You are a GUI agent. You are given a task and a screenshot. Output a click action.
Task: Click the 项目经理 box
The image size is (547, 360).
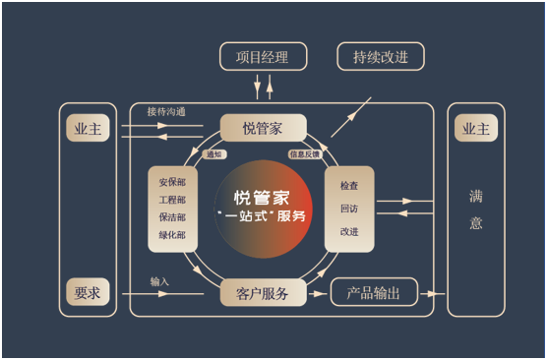coord(263,56)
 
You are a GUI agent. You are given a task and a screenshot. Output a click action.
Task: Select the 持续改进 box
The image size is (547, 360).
coord(381,56)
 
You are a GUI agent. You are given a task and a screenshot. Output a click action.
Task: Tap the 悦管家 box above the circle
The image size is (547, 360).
coord(263,128)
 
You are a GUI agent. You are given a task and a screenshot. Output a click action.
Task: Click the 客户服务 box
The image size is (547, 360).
coord(263,293)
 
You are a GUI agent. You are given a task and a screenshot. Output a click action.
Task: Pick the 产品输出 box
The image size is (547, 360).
coord(374,292)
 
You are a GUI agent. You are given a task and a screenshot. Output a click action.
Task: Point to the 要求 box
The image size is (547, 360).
coord(88,292)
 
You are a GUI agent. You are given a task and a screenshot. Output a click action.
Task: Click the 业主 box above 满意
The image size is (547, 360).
coord(476,128)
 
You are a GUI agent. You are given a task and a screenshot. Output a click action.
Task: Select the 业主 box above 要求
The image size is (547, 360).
coord(88,128)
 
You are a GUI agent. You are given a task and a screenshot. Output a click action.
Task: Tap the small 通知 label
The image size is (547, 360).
coord(214,154)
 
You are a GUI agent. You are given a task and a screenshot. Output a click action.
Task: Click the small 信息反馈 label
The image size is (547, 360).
coord(305,154)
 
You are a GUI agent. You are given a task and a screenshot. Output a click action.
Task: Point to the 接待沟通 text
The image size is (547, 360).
coord(166,111)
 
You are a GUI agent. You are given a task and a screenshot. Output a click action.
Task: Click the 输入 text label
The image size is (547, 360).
coord(159,281)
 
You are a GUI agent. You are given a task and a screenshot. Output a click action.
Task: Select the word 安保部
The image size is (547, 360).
coord(172,182)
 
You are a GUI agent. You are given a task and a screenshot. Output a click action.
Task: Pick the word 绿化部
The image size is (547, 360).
coord(172,235)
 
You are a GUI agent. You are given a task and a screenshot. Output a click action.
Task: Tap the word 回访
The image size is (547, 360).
coord(349,209)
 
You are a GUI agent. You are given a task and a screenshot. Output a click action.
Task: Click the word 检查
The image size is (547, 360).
coord(349,185)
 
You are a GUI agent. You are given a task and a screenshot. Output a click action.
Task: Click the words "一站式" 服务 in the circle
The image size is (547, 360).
coord(261,216)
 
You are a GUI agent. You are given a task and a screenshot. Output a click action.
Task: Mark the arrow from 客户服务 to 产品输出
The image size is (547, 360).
coord(317,294)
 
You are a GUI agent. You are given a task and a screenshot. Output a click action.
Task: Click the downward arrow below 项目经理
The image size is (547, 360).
coord(257,87)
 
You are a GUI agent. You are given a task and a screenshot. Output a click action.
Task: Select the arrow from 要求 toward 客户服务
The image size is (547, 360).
coord(162,294)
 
